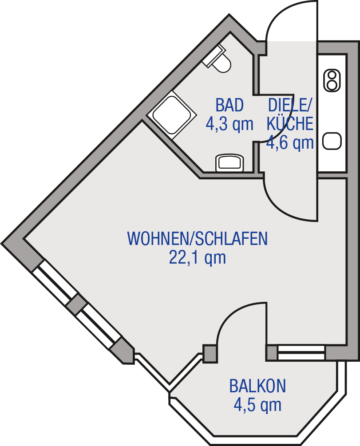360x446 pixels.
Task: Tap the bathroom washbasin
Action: [x=229, y=163]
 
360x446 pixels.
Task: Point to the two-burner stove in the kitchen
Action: [x=332, y=81]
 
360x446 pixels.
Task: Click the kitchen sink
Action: [x=332, y=141]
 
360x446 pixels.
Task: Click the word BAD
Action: [x=229, y=105]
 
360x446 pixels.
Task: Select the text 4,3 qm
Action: [x=229, y=124]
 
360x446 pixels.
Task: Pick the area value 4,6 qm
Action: [x=290, y=142]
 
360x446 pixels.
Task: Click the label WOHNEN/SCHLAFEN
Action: [x=198, y=238]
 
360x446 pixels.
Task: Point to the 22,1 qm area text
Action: [x=198, y=258]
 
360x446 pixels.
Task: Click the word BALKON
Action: [x=257, y=386]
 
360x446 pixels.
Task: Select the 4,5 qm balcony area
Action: [x=257, y=405]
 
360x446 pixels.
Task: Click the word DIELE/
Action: [x=290, y=105]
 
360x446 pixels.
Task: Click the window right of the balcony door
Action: [x=301, y=353]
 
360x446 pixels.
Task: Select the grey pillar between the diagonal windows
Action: [x=76, y=304]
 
